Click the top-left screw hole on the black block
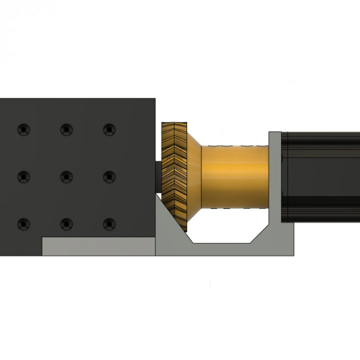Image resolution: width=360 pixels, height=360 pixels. pyautogui.click(x=23, y=130)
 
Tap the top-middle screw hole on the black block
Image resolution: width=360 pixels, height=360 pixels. pyautogui.click(x=66, y=130)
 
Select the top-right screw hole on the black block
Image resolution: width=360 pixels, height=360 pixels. pyautogui.click(x=108, y=130)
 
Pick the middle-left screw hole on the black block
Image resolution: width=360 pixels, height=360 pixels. pyautogui.click(x=23, y=176)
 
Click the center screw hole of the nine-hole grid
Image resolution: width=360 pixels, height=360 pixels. pyautogui.click(x=66, y=176)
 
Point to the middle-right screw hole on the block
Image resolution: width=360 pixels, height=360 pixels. pyautogui.click(x=108, y=176)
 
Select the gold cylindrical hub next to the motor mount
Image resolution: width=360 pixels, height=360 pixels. pyautogui.click(x=235, y=175)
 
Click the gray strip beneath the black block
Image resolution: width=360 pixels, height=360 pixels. pyautogui.click(x=97, y=246)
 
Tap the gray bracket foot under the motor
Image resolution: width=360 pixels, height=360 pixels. pyautogui.click(x=287, y=245)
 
